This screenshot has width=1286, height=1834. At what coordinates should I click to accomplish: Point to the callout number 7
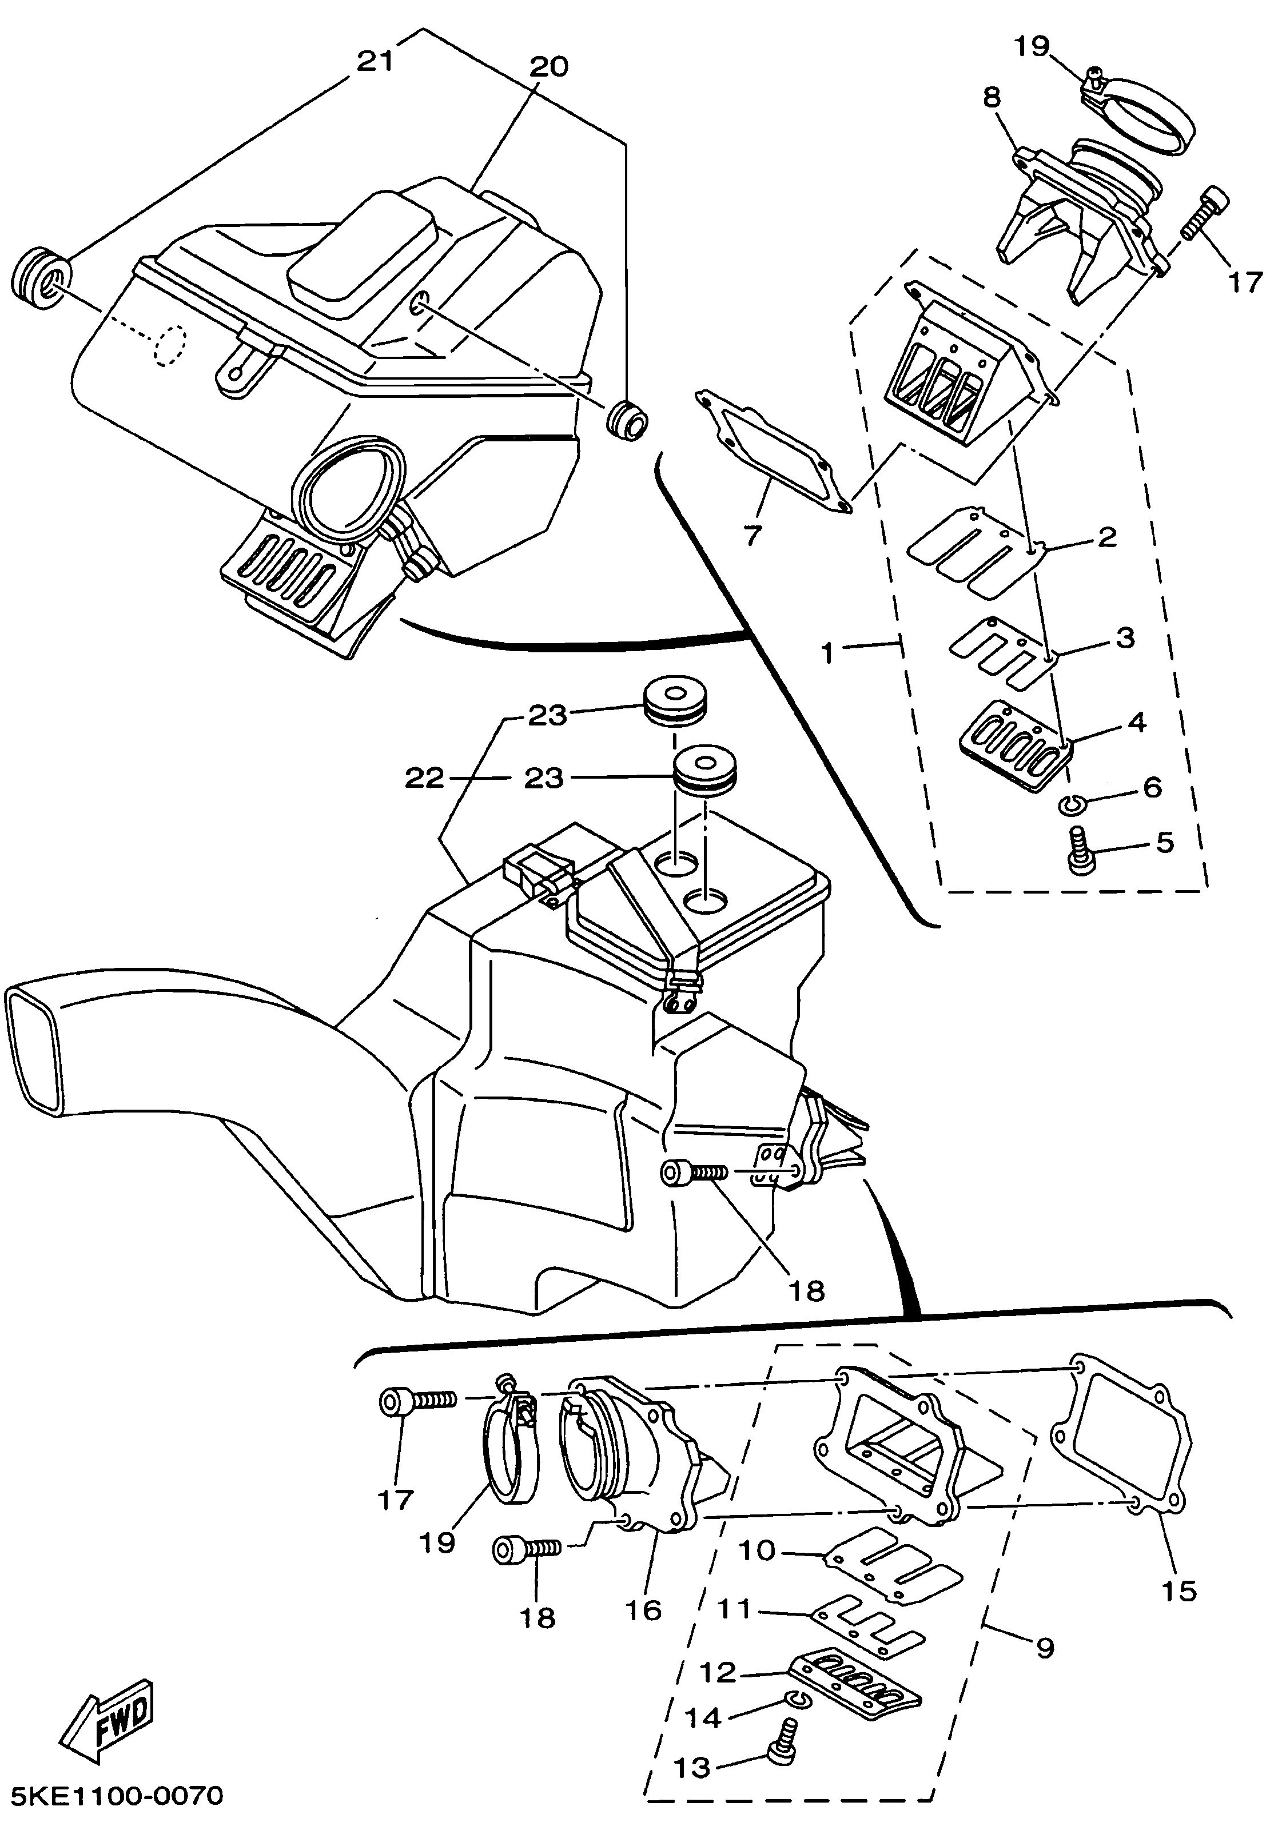[x=753, y=535]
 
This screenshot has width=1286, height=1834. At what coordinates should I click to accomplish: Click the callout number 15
[x=1178, y=1589]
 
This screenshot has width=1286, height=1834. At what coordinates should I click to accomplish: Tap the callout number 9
[x=1045, y=1646]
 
